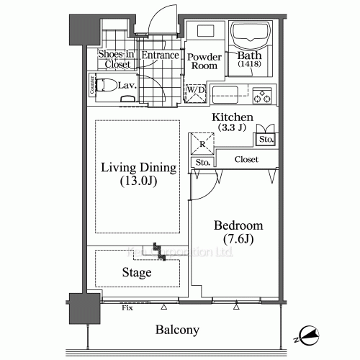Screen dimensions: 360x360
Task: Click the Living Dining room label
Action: pyautogui.click(x=138, y=168)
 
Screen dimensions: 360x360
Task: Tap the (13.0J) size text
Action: pyautogui.click(x=138, y=182)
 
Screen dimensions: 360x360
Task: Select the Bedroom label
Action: pyautogui.click(x=238, y=225)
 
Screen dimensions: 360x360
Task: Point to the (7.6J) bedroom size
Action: pyautogui.click(x=238, y=238)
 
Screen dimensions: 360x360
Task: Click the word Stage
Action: pyautogui.click(x=136, y=273)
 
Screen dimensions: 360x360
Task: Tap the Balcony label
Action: pyautogui.click(x=177, y=330)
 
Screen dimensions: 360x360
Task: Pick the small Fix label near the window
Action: pyautogui.click(x=127, y=308)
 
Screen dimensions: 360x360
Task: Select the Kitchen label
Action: pyautogui.click(x=232, y=117)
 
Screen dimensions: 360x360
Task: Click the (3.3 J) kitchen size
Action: pyautogui.click(x=232, y=127)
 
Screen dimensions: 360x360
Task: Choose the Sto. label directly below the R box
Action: pyautogui.click(x=203, y=163)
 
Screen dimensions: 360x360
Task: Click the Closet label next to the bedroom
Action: pyautogui.click(x=246, y=160)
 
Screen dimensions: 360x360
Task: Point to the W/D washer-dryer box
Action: pyautogui.click(x=195, y=92)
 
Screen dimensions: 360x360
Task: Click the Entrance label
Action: pyautogui.click(x=160, y=55)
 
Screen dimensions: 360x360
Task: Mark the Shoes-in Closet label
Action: pyautogui.click(x=115, y=59)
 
